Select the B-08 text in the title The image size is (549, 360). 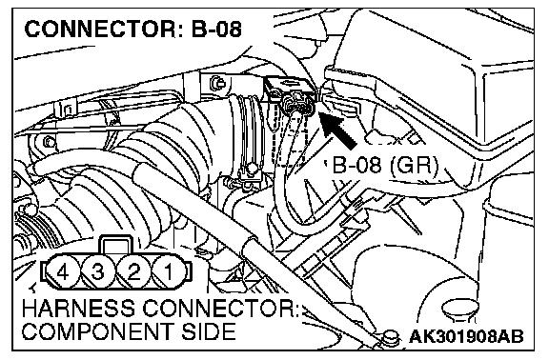click(x=215, y=29)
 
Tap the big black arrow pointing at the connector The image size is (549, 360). click(x=337, y=130)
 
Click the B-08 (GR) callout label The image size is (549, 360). click(x=384, y=165)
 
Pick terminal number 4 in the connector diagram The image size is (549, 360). click(x=63, y=271)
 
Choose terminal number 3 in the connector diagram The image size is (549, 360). click(x=98, y=271)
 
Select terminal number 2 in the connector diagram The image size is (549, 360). click(x=133, y=271)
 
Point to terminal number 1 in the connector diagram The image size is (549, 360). click(x=169, y=271)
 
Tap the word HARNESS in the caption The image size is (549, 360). click(x=78, y=309)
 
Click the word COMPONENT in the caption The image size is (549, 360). click(x=98, y=331)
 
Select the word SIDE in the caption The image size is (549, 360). click(x=208, y=331)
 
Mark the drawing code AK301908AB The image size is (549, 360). click(x=466, y=336)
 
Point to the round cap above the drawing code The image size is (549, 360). click(x=460, y=310)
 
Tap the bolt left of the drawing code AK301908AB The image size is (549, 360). click(x=391, y=337)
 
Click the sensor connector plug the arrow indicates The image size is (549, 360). click(x=298, y=103)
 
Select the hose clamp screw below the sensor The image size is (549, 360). click(x=251, y=170)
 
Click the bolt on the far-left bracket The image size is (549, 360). click(x=50, y=143)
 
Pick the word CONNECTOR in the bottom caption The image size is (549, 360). click(x=219, y=309)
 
